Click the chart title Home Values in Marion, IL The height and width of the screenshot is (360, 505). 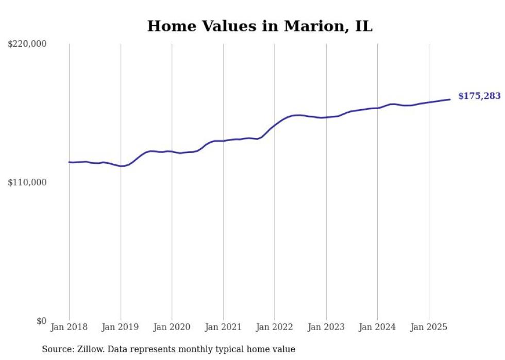(x=260, y=26)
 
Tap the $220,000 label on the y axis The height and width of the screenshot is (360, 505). (x=27, y=44)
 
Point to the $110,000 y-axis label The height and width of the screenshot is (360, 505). (x=27, y=182)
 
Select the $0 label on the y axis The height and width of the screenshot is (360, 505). (x=41, y=321)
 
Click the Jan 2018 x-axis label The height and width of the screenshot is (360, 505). (x=69, y=327)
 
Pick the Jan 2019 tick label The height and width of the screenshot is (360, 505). (x=121, y=327)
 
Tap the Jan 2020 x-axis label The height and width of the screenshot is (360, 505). (x=172, y=327)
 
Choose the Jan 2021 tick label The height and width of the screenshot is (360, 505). (x=223, y=327)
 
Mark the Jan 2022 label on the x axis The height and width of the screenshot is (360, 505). (x=275, y=327)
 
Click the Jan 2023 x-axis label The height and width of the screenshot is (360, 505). (x=326, y=327)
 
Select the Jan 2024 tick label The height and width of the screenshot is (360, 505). (x=377, y=327)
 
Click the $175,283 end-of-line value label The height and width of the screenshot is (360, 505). (x=479, y=96)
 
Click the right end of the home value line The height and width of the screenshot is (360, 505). (x=450, y=99)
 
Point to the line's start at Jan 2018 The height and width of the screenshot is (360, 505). (x=69, y=162)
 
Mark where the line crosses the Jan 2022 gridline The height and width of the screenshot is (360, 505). (x=275, y=125)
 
